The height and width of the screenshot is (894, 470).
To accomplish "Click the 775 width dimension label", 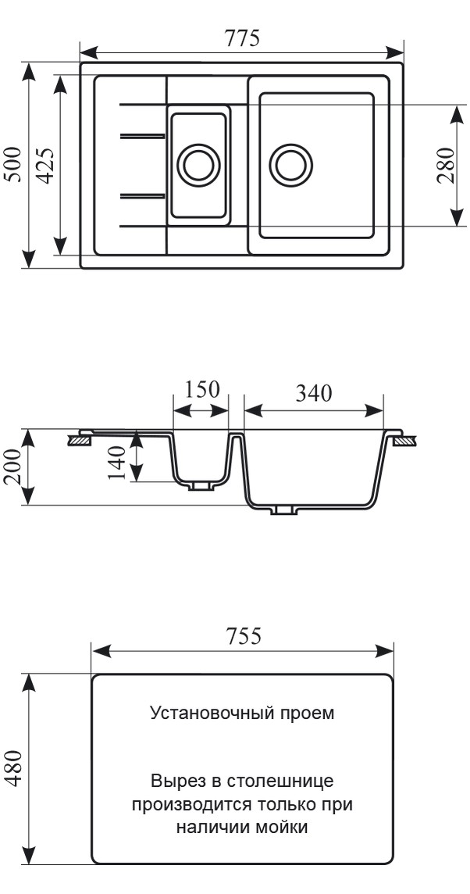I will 242,38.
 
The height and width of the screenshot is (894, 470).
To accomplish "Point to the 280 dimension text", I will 444,165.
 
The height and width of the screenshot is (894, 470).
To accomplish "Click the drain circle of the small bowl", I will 198,165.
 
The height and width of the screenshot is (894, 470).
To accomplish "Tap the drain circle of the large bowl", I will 290,165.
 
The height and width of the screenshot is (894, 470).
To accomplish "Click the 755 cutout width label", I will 242,636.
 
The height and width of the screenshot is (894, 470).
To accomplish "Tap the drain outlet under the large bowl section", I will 283,510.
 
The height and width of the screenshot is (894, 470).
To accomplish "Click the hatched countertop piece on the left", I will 80,442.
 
